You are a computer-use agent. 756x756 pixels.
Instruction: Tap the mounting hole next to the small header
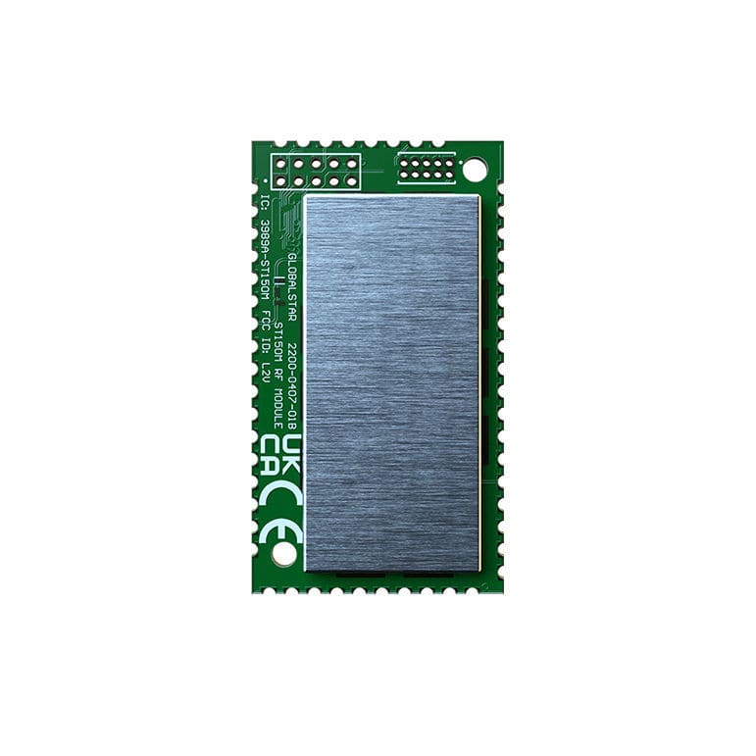coord(476,171)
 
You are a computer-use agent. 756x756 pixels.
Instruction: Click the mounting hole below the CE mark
coord(283,554)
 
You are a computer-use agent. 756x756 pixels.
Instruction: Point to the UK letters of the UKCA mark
coord(291,460)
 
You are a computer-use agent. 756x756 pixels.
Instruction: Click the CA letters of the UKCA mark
coord(272,460)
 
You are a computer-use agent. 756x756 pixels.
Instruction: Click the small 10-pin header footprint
coord(427,168)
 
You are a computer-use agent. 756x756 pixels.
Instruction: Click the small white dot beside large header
coord(266,180)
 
